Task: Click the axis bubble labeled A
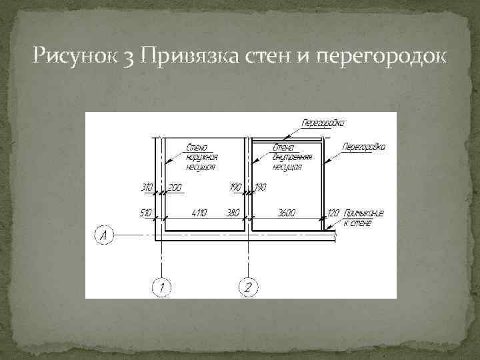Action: coord(104,235)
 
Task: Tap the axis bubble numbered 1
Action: coord(160,287)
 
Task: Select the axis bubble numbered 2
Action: coord(247,287)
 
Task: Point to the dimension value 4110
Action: coord(199,213)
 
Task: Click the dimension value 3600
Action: coord(288,213)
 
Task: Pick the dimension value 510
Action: coord(146,213)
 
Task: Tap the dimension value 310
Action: coord(147,188)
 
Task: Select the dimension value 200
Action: coord(175,188)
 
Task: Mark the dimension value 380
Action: coord(233,213)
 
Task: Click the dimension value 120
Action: coord(333,213)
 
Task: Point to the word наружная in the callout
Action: coord(201,157)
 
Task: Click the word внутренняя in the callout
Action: coord(288,157)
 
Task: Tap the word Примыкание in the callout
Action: coord(363,213)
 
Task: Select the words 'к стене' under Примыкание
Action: coord(357,223)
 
